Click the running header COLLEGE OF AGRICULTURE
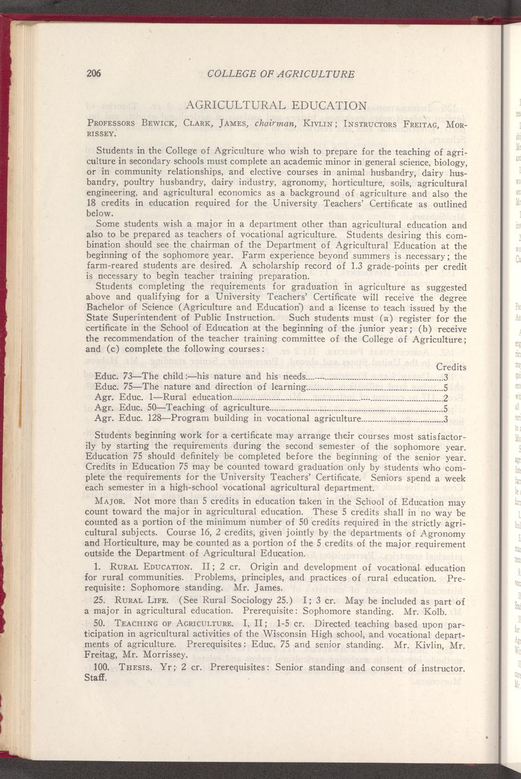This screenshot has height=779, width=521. (281, 74)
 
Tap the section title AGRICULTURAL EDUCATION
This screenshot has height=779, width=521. (277, 106)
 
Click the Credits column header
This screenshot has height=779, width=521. (451, 366)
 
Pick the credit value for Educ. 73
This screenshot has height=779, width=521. (445, 378)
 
